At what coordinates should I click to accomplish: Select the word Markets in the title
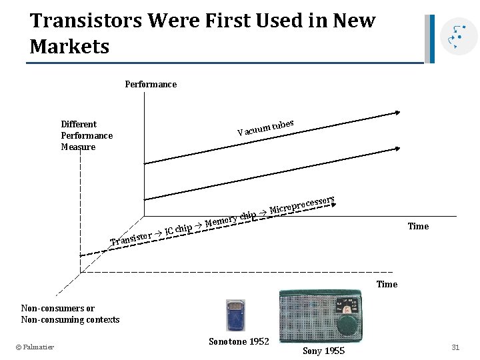pyautogui.click(x=69, y=47)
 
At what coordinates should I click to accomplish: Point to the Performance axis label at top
pyautogui.click(x=151, y=84)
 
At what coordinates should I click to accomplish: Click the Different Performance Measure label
pyautogui.click(x=87, y=135)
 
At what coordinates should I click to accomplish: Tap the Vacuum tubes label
pyautogui.click(x=265, y=127)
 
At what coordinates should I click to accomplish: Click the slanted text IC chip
pyautogui.click(x=178, y=229)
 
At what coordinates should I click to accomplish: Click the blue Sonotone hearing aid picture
pyautogui.click(x=236, y=315)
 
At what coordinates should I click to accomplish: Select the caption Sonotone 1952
pyautogui.click(x=239, y=341)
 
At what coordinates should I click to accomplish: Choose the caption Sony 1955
pyautogui.click(x=324, y=351)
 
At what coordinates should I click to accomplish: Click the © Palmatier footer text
pyautogui.click(x=35, y=346)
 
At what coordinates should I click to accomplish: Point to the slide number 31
pyautogui.click(x=456, y=347)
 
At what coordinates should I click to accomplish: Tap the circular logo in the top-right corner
pyautogui.click(x=459, y=36)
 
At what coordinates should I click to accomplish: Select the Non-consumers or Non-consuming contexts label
pyautogui.click(x=70, y=314)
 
